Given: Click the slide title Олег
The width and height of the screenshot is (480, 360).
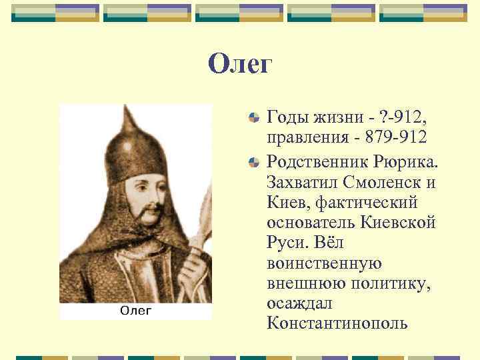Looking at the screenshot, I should point(240,64).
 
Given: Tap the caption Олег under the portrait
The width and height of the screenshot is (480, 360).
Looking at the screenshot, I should point(135,310).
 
